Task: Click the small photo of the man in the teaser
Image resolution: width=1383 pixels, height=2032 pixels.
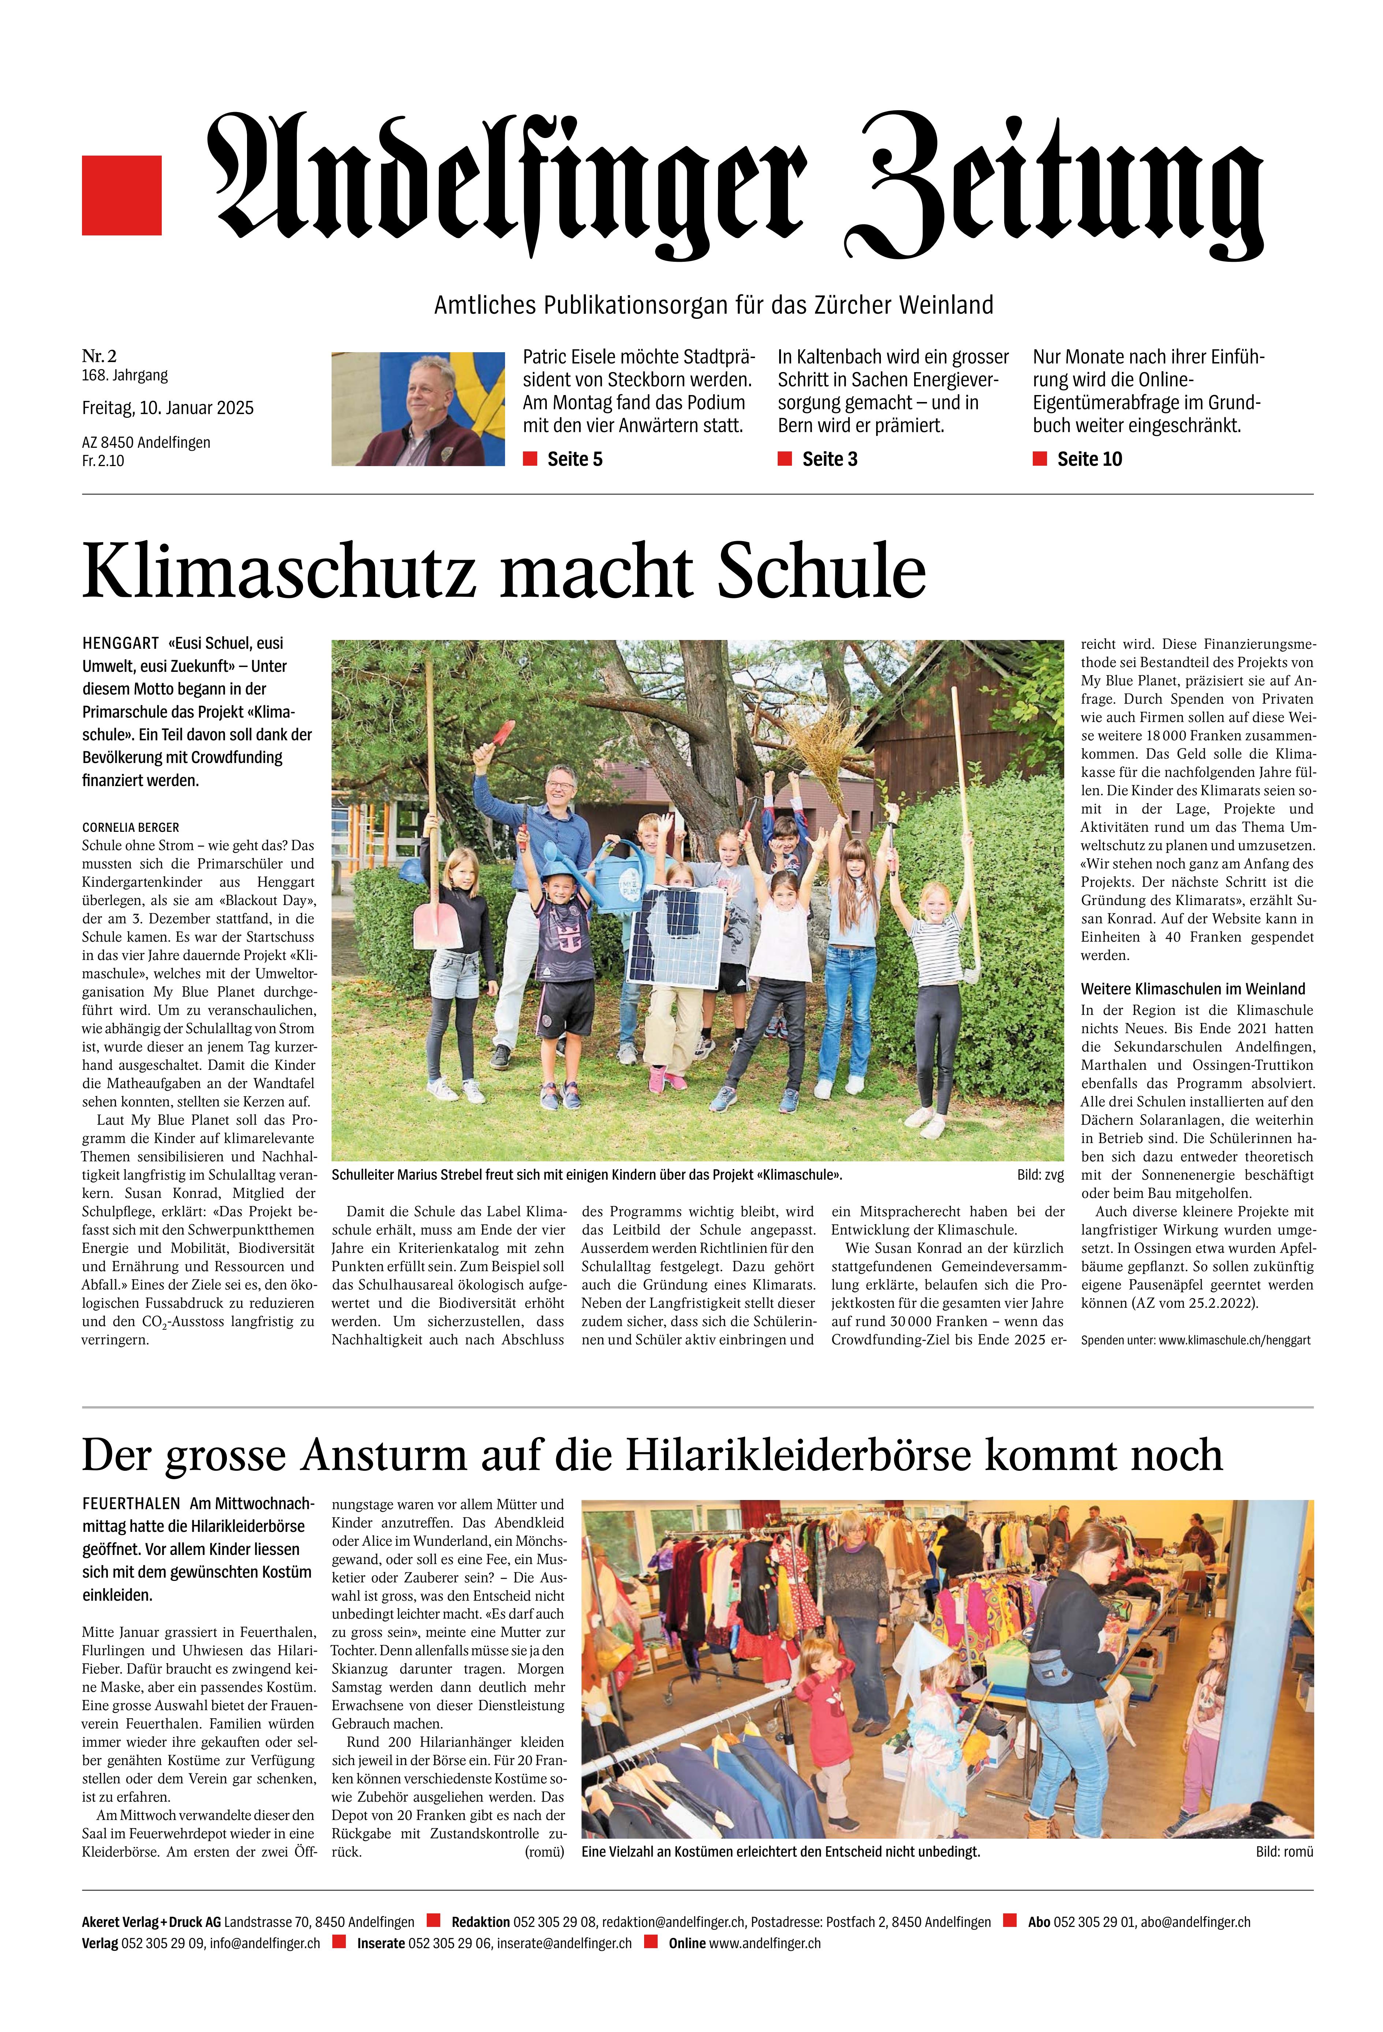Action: [x=418, y=408]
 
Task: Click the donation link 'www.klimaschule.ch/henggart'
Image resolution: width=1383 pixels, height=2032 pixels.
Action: [x=1234, y=1340]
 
